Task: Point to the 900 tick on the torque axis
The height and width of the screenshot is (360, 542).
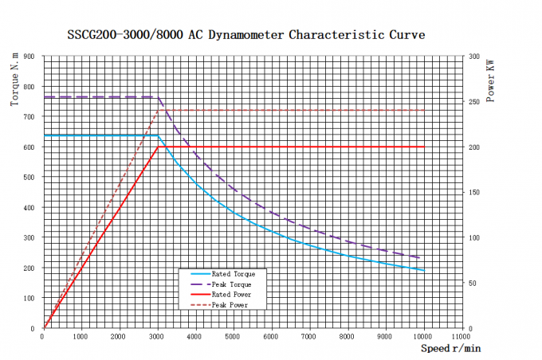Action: point(29,57)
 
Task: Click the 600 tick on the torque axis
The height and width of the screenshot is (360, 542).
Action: point(29,147)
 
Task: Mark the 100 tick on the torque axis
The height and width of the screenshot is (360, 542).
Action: point(29,298)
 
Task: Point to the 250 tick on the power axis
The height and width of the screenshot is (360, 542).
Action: point(474,102)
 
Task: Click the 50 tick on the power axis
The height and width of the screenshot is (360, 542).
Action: point(473,283)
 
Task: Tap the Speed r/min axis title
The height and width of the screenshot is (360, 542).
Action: point(450,348)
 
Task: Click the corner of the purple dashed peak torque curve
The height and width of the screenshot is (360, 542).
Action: point(158,97)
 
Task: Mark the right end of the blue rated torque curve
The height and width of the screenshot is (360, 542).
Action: point(423,270)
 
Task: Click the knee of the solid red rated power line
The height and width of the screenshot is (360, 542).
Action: point(158,147)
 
